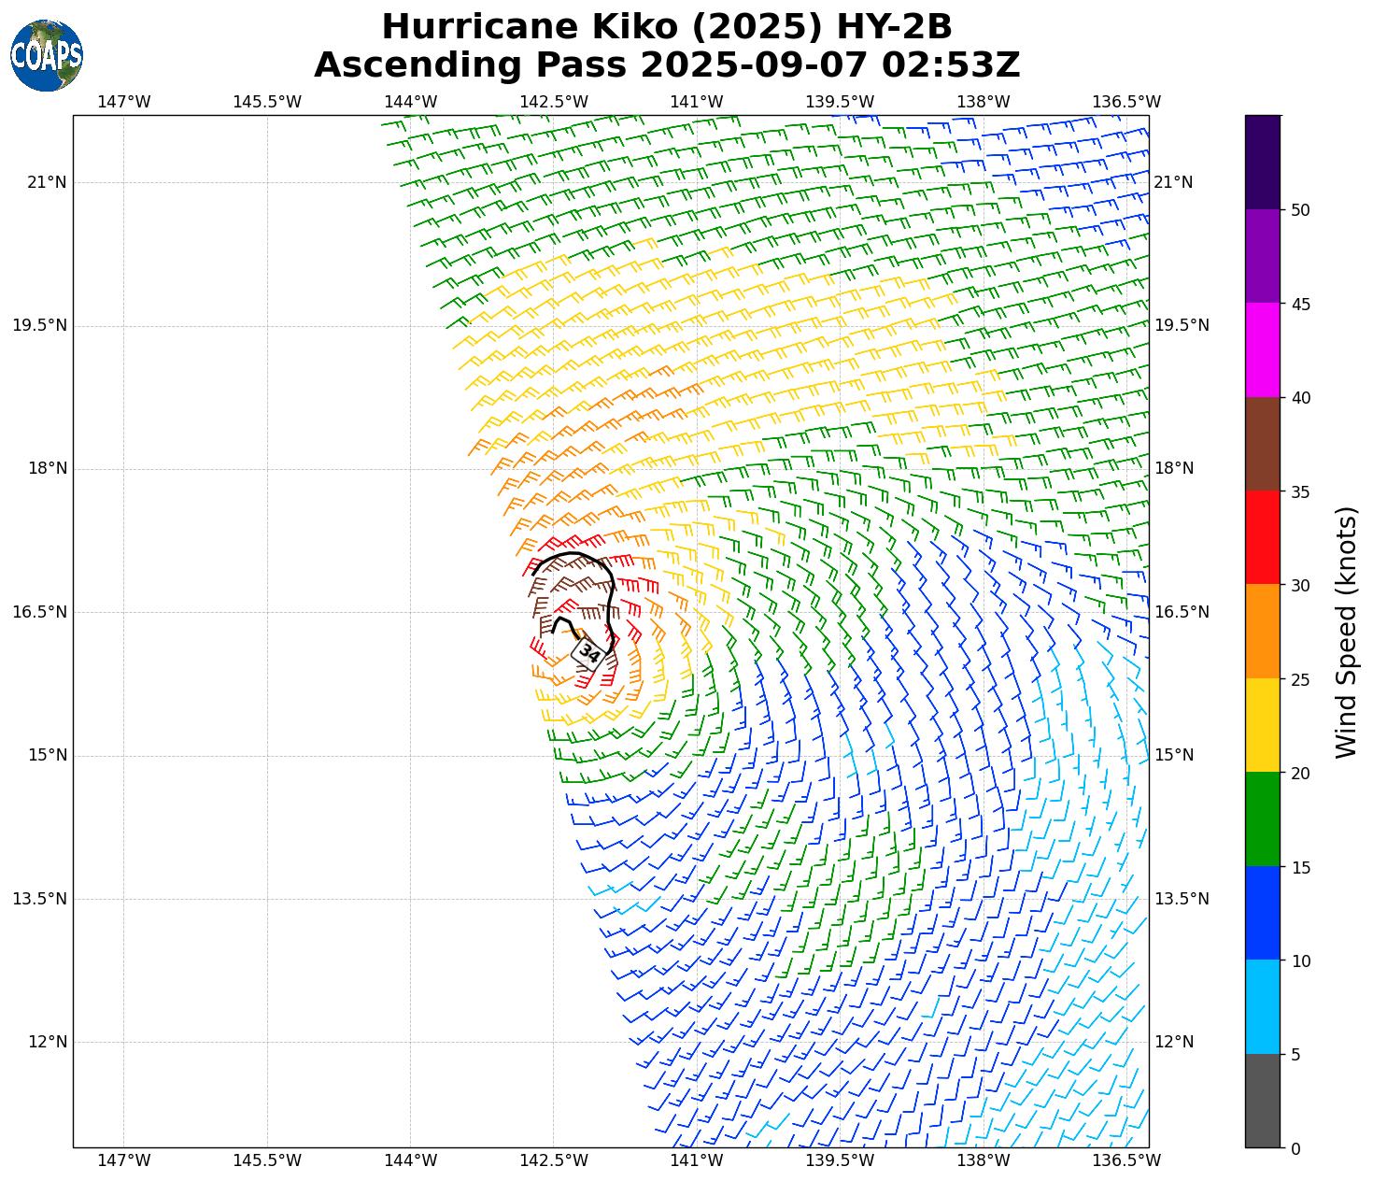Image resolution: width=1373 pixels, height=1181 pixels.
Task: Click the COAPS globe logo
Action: coord(47,55)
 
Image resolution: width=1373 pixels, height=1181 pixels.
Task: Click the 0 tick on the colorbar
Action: coord(1295,1149)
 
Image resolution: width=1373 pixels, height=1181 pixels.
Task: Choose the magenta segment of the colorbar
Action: coord(1263,349)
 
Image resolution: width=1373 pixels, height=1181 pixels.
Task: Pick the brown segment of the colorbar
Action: coord(1263,444)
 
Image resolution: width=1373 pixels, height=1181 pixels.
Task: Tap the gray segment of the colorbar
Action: coord(1263,1101)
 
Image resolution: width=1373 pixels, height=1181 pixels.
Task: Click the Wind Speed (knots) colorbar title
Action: coord(1345,632)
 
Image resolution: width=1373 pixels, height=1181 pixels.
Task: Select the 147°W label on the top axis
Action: coord(123,102)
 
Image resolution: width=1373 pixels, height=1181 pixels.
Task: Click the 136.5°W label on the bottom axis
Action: coord(1126,1161)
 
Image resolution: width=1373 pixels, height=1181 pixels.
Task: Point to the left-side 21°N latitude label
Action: coord(47,182)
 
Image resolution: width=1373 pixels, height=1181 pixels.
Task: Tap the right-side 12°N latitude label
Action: coord(1174,1043)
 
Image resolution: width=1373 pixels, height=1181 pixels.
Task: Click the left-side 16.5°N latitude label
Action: coord(40,612)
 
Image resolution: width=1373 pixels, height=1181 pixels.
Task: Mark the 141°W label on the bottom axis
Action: coord(697,1161)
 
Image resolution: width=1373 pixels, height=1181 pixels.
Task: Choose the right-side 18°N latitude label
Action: coord(1174,469)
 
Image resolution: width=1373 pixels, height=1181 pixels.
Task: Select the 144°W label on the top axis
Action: coord(410,102)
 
